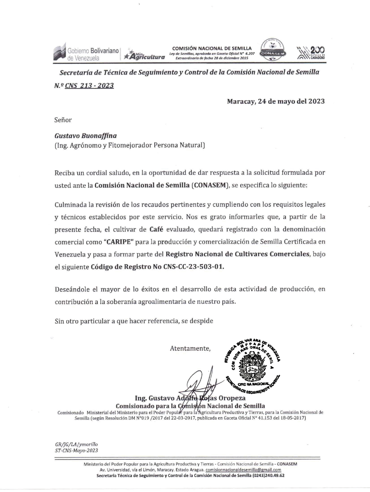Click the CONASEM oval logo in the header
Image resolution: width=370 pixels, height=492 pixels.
tap(273, 51)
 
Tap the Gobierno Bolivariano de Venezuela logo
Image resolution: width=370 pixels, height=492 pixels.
tap(86, 54)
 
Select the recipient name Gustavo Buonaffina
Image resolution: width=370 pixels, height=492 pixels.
tap(85, 136)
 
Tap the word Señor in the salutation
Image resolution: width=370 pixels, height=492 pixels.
tap(63, 120)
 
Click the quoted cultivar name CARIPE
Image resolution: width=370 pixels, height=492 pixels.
tap(118, 242)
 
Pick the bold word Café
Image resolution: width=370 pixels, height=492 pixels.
tap(156, 229)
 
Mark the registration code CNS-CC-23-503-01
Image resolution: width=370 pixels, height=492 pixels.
tap(194, 267)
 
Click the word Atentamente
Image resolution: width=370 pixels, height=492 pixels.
tap(190, 348)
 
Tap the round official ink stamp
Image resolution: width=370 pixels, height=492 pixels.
tap(252, 365)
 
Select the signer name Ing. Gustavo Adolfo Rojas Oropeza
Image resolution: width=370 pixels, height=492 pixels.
tap(190, 398)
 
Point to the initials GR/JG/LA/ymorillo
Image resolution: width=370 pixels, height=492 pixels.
tap(76, 444)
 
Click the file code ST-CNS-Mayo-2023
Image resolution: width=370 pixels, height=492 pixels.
tap(76, 451)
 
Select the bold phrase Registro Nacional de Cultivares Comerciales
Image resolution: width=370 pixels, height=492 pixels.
tap(237, 254)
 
